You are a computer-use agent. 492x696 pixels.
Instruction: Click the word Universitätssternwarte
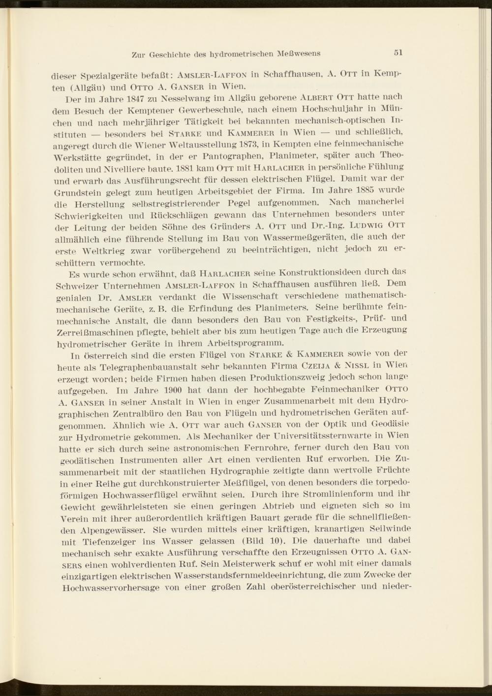coord(320,436)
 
